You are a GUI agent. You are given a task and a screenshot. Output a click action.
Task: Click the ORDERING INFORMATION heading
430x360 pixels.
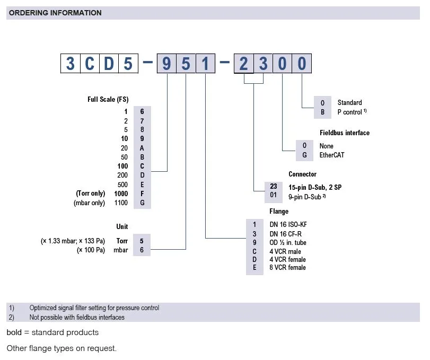click(55, 13)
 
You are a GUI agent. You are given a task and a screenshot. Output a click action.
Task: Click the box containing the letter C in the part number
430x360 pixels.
click(90, 64)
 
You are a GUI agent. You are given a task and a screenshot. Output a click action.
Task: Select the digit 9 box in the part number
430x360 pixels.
click(166, 64)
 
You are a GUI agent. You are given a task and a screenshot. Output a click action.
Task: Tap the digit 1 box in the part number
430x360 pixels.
click(205, 64)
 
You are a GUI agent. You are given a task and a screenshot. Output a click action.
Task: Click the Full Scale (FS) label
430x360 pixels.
click(108, 99)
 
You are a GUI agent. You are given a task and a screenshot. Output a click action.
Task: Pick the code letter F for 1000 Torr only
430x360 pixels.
click(142, 194)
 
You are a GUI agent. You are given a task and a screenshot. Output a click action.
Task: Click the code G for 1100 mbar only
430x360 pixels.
click(142, 203)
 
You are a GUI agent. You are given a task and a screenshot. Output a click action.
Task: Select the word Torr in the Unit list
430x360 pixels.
click(122, 241)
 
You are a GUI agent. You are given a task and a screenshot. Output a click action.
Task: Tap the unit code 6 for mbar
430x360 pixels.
click(142, 250)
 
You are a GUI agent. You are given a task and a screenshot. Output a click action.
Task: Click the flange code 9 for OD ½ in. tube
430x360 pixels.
click(255, 242)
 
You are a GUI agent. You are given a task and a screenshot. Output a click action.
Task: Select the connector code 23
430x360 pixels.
click(274, 187)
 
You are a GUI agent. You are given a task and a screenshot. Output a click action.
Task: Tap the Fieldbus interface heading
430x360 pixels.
click(345, 133)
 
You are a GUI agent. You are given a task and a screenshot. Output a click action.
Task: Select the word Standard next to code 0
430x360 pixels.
click(349, 102)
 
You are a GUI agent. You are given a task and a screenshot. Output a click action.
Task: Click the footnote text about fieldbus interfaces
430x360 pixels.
click(77, 317)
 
